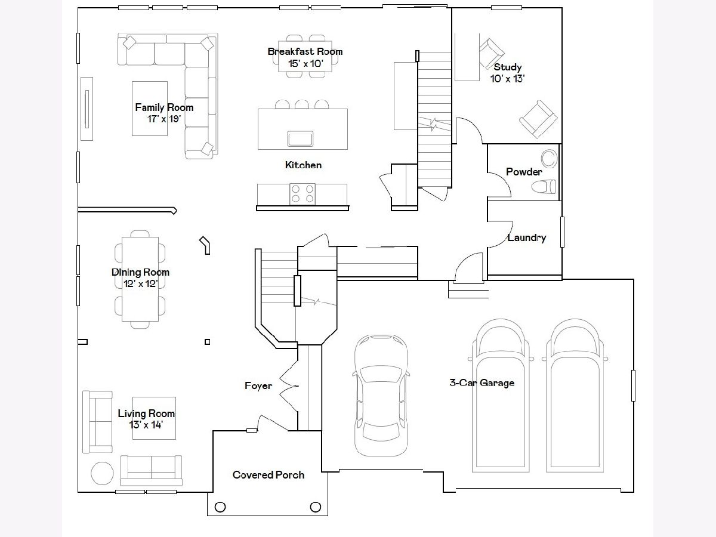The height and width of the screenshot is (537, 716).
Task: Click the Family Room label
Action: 164,107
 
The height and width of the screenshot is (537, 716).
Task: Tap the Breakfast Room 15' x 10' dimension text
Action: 305,64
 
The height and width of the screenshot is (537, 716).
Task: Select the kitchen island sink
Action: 300,138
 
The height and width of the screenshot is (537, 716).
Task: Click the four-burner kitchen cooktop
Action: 303,194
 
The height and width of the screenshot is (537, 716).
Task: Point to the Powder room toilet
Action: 543,187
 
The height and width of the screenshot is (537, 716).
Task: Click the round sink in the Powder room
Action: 549,159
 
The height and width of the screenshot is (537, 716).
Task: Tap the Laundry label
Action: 527,237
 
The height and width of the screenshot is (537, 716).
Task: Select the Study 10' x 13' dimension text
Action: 507,79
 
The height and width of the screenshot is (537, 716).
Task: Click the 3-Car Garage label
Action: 482,382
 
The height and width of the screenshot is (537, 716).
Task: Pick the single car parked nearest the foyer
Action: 381,395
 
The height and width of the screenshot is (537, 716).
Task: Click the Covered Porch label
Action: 268,475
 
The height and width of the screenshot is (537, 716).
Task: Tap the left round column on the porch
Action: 220,507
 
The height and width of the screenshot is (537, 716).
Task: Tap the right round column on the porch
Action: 316,507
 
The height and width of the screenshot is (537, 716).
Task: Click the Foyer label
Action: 258,385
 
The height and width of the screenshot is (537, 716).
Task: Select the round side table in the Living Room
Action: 102,473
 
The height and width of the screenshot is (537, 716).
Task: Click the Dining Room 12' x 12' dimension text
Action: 141,283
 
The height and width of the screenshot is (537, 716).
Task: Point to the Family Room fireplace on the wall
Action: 87,109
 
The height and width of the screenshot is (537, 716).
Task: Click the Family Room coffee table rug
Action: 150,109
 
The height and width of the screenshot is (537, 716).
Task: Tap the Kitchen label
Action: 303,165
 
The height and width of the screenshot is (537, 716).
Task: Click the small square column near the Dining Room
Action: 208,342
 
